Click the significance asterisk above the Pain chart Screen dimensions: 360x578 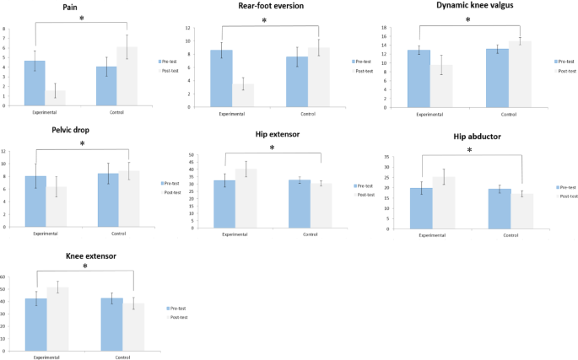(x=82, y=19)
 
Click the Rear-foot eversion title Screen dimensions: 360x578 (x=270, y=6)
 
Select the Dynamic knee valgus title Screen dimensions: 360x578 (x=471, y=7)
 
